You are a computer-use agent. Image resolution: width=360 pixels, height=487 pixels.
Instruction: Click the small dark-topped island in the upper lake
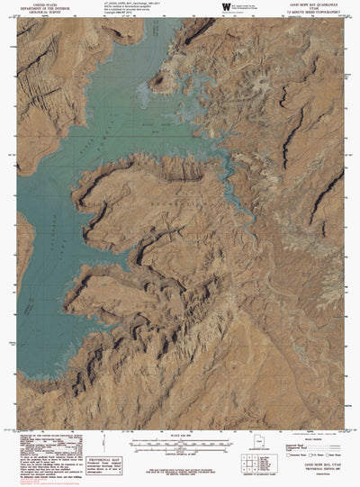point(161,82)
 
